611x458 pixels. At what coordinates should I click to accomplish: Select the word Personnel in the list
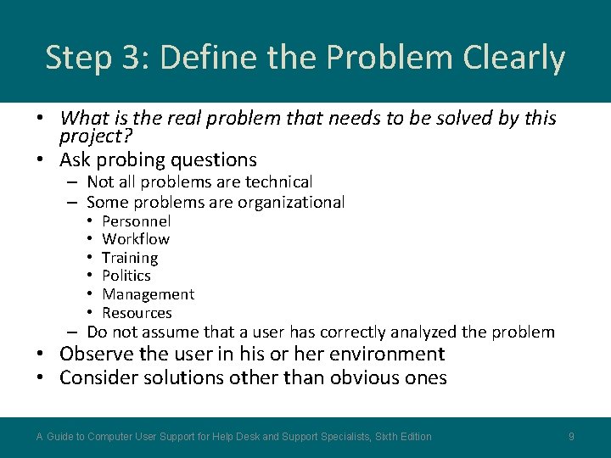tap(137, 221)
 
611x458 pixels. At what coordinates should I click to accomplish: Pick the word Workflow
tap(136, 239)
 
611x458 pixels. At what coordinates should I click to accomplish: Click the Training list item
tap(130, 258)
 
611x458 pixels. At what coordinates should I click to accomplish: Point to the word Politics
tap(126, 276)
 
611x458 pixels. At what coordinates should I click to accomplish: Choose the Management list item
tap(149, 294)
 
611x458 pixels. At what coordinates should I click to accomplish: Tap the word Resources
tap(137, 313)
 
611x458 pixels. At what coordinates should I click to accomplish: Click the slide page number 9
tap(572, 436)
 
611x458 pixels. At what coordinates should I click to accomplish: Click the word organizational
tap(291, 202)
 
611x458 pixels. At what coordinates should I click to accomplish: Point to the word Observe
tap(95, 354)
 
